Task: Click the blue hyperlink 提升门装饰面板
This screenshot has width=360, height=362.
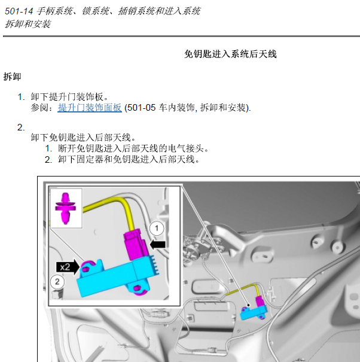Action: tap(90, 108)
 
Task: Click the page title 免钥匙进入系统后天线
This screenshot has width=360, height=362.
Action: tap(230, 54)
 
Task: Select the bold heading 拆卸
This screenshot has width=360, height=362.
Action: tap(12, 77)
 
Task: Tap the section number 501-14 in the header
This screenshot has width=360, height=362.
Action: tap(19, 11)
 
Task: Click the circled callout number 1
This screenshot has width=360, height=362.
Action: tap(157, 229)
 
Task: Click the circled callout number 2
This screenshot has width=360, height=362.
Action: tap(57, 282)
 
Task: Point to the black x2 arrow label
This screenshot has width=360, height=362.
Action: tap(68, 267)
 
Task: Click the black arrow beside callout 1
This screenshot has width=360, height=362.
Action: tap(158, 245)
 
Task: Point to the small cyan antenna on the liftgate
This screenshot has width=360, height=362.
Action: tap(253, 312)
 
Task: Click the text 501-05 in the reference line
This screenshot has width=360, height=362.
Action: tap(141, 108)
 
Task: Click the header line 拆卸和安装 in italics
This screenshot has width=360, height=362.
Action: tap(28, 24)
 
